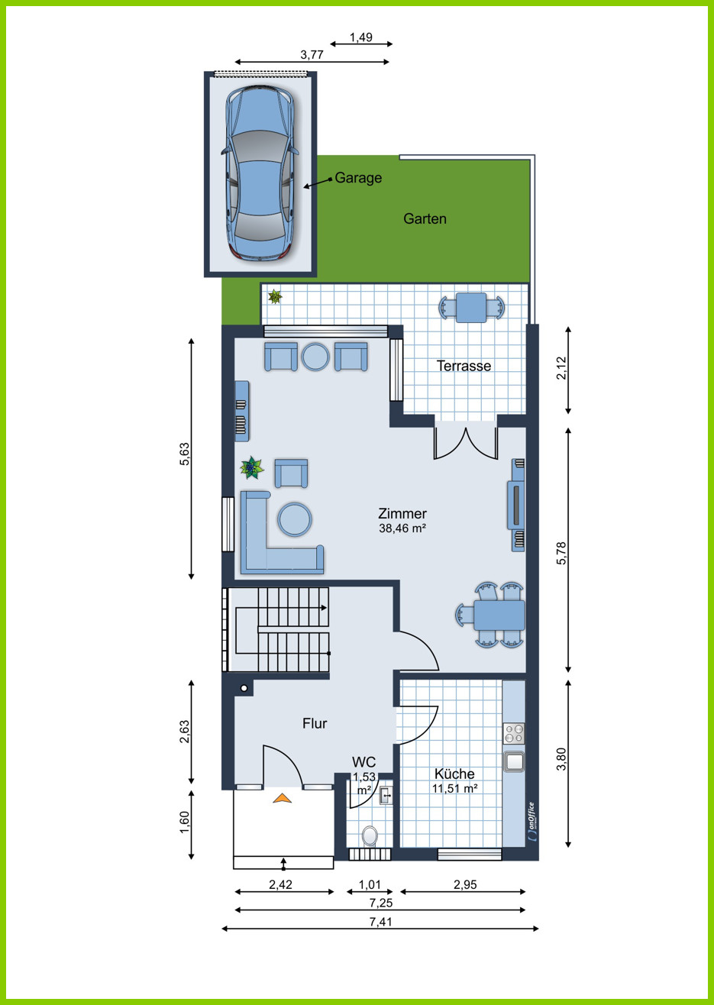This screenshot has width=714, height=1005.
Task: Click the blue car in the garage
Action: pyautogui.click(x=260, y=173)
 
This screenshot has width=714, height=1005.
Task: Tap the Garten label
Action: pyautogui.click(x=425, y=219)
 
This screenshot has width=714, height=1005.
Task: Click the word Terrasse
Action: pyautogui.click(x=464, y=366)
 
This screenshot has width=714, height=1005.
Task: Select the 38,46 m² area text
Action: pyautogui.click(x=402, y=528)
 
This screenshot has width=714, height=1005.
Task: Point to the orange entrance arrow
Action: pyautogui.click(x=283, y=798)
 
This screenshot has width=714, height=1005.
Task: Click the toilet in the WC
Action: pyautogui.click(x=370, y=836)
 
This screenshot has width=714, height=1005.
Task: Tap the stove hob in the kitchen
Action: pyautogui.click(x=514, y=734)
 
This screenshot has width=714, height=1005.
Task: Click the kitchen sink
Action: pyautogui.click(x=514, y=761)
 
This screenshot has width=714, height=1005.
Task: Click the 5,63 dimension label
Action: pyautogui.click(x=185, y=454)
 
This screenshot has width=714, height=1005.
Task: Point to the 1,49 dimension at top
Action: pyautogui.click(x=361, y=37)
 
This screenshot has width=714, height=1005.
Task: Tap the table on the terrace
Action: pyautogui.click(x=471, y=308)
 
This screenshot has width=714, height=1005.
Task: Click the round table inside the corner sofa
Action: pyautogui.click(x=295, y=519)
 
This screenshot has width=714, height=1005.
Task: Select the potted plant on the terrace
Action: pyautogui.click(x=275, y=296)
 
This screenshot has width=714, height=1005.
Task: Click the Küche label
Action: pyautogui.click(x=454, y=774)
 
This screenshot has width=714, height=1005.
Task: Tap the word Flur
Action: pyautogui.click(x=315, y=723)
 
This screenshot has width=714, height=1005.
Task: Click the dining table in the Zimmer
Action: pyautogui.click(x=499, y=615)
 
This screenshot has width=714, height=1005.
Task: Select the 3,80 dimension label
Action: pyautogui.click(x=561, y=759)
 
